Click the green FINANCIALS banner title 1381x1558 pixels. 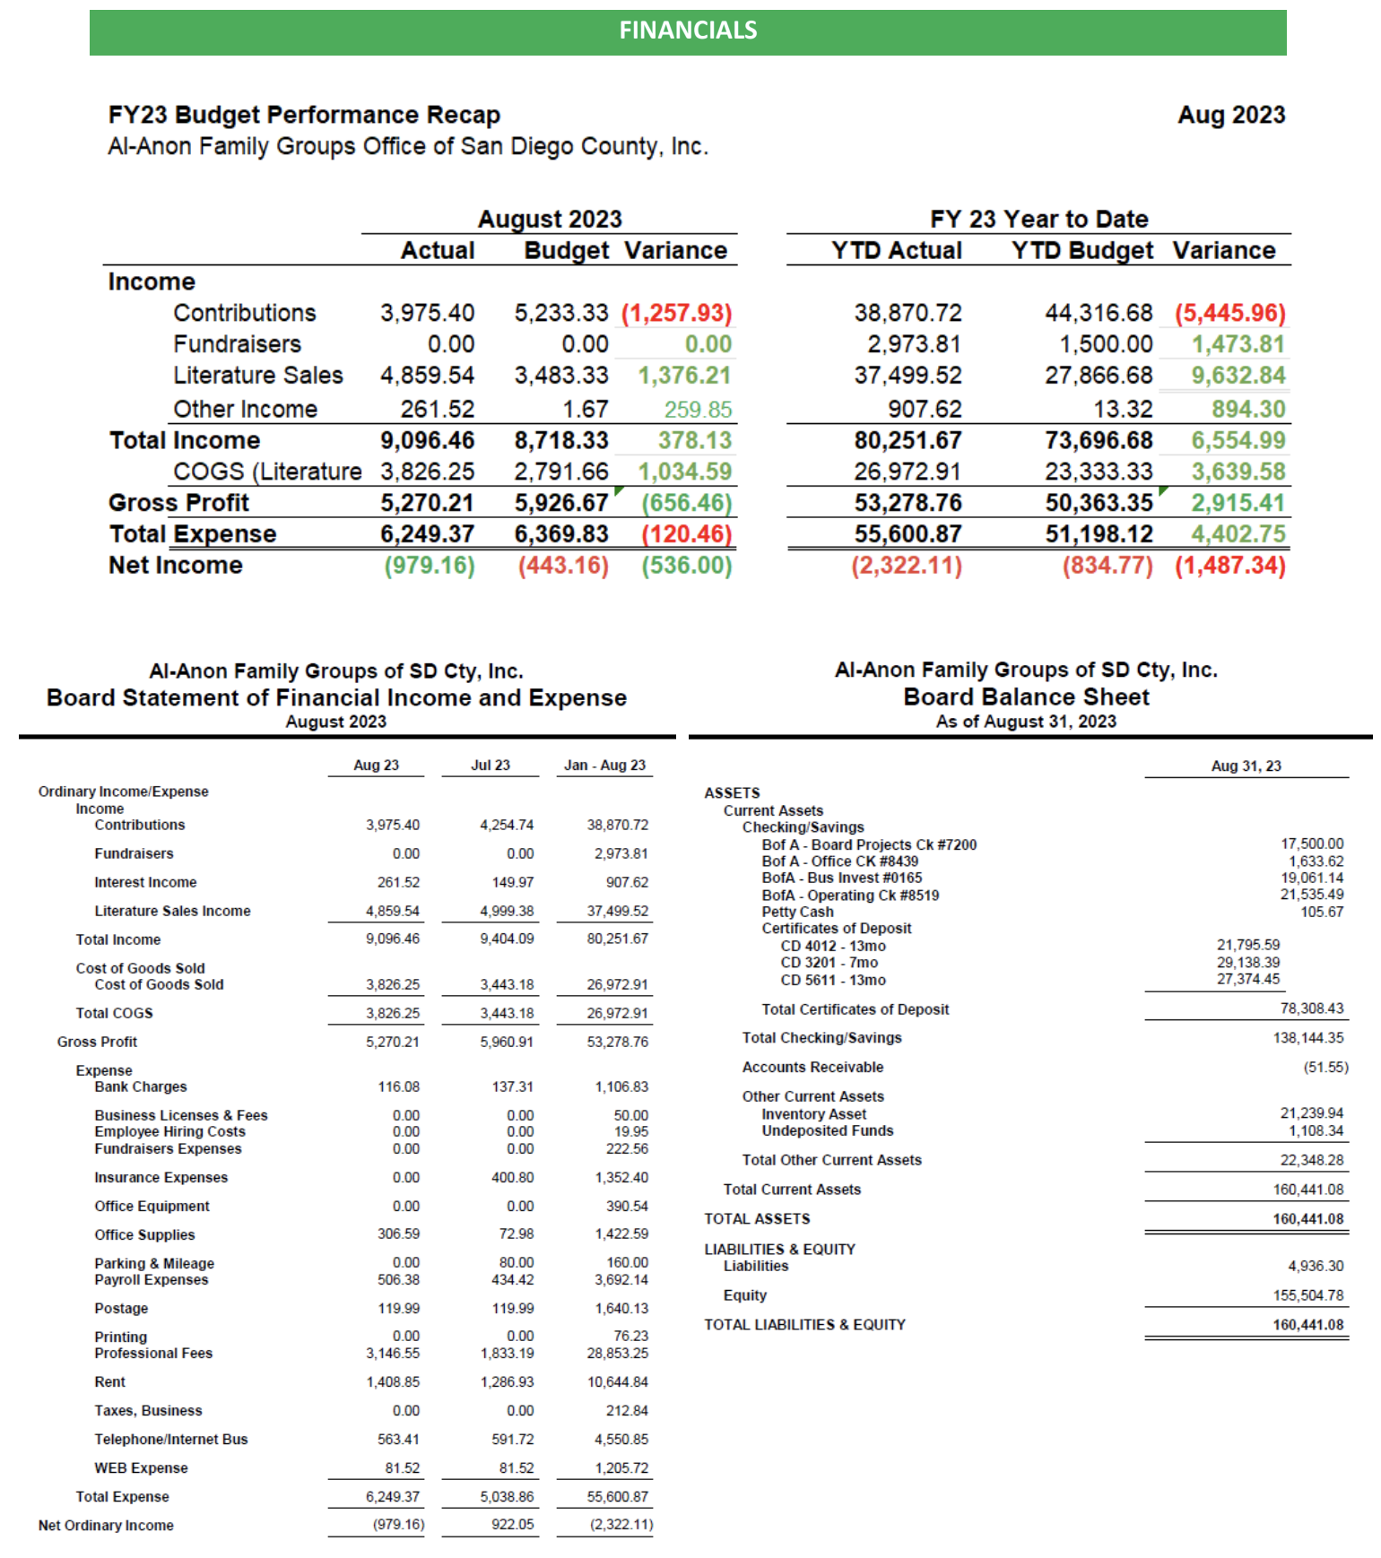click(x=688, y=30)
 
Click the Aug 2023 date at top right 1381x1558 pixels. click(x=1230, y=115)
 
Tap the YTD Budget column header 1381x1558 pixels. click(x=1081, y=250)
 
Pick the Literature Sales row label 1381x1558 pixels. click(x=258, y=376)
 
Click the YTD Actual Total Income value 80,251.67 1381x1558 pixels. click(x=908, y=440)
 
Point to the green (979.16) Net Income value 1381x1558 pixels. click(x=430, y=566)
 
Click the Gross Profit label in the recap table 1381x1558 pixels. click(x=178, y=503)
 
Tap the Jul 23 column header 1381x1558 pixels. click(x=490, y=766)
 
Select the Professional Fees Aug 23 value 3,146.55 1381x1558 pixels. click(x=392, y=1354)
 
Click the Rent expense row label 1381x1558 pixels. click(x=110, y=1382)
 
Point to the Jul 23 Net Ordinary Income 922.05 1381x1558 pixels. click(x=512, y=1525)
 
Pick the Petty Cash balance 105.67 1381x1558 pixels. click(x=1322, y=913)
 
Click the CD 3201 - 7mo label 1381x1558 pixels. click(x=829, y=963)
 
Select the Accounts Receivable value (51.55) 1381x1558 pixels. click(x=1325, y=1068)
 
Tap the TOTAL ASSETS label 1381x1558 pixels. click(x=757, y=1219)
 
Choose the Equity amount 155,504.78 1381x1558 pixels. click(x=1307, y=1295)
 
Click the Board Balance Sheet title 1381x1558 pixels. click(x=1026, y=697)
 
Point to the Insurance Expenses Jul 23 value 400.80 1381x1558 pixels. click(x=512, y=1178)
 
